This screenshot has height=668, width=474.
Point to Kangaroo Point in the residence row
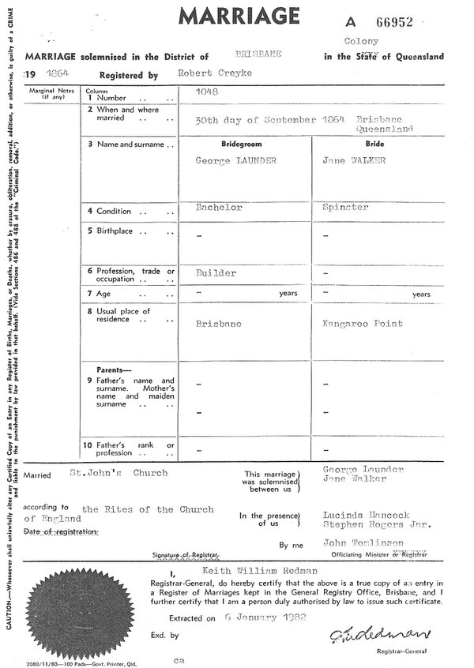pos(362,324)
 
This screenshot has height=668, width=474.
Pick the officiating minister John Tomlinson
pos(363,542)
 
